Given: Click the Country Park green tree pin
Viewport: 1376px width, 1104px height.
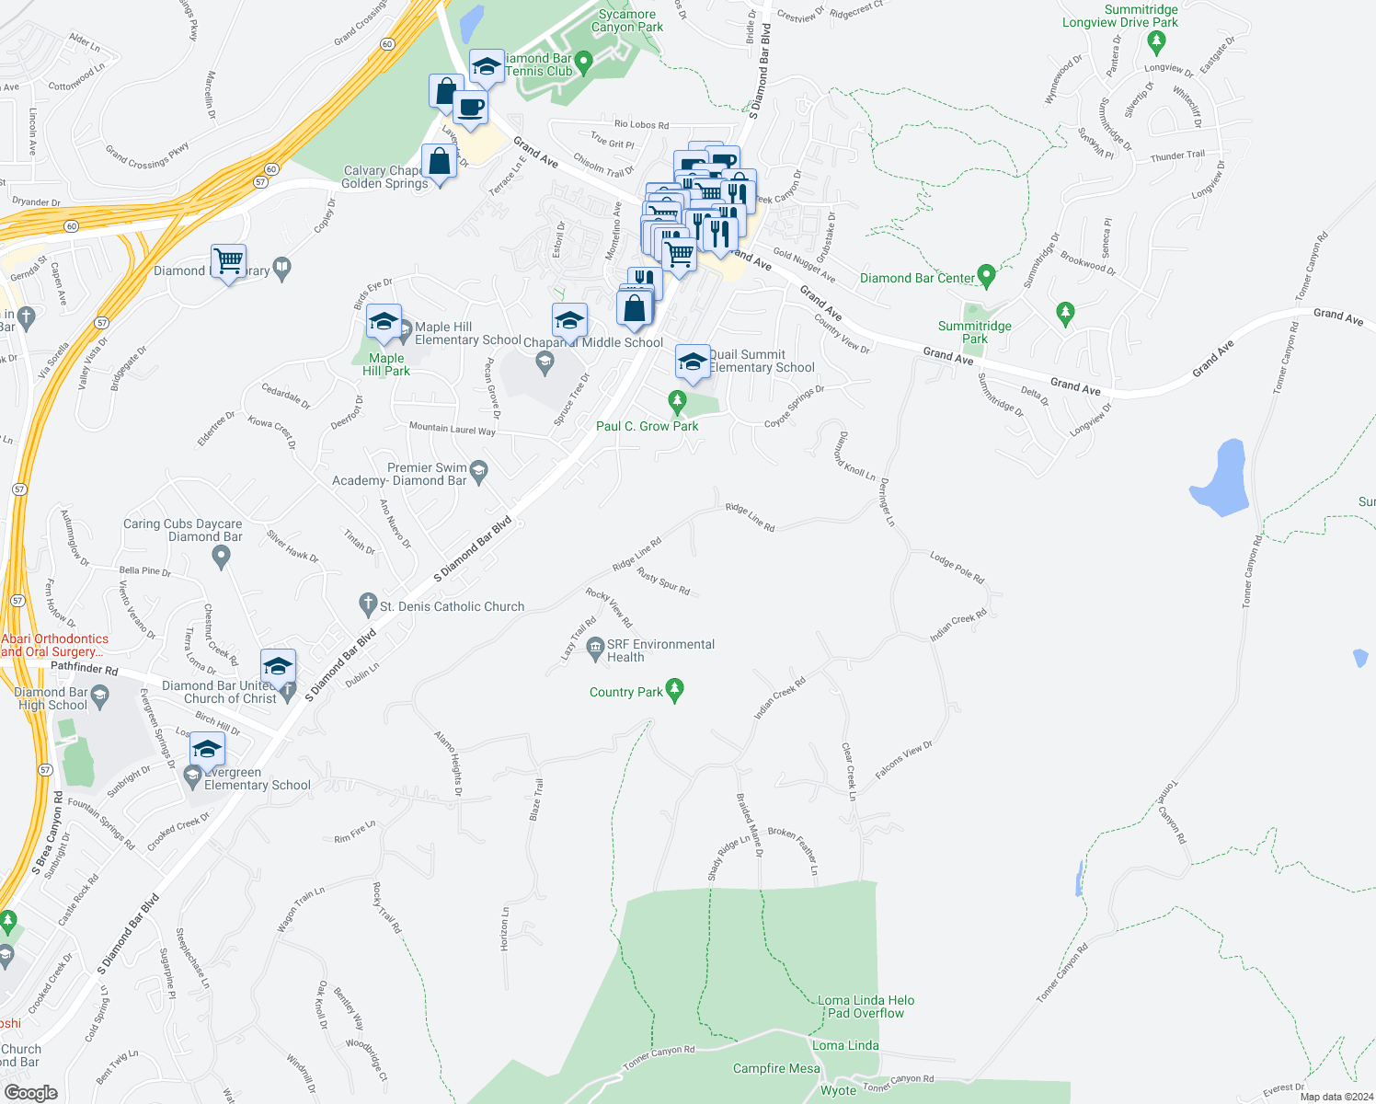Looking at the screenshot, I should point(674,690).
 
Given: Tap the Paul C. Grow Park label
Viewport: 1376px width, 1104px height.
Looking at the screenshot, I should point(647,426).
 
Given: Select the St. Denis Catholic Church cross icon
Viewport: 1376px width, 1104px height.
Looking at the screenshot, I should point(367,604).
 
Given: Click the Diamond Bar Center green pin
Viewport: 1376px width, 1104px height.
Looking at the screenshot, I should point(986,275).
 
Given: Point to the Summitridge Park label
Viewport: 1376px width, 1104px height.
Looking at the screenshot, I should point(974,332).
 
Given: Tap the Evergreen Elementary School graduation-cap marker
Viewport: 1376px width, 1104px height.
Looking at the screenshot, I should point(208,750).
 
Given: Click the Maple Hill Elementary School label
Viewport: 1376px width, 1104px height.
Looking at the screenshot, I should point(467,333).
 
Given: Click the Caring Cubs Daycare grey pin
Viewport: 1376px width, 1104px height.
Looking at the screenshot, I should point(221,556).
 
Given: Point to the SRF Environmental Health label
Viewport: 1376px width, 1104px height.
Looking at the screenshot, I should point(660,650).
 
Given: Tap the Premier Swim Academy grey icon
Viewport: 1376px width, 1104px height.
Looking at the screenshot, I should point(478,472).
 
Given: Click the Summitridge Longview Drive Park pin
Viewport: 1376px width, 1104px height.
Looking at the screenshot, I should point(1157,41).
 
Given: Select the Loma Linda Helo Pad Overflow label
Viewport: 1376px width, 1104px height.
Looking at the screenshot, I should point(866,1006).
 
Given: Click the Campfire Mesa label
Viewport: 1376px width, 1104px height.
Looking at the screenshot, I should point(776,1068).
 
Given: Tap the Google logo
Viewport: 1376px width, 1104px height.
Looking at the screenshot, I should point(30,1092).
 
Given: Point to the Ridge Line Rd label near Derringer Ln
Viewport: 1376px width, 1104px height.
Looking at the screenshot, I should point(750,517).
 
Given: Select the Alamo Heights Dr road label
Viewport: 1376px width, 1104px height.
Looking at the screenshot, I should point(449,763).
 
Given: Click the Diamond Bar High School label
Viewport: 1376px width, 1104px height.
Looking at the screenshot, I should point(52,698).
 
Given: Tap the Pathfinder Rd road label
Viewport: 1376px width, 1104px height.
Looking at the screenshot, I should point(84,668).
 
